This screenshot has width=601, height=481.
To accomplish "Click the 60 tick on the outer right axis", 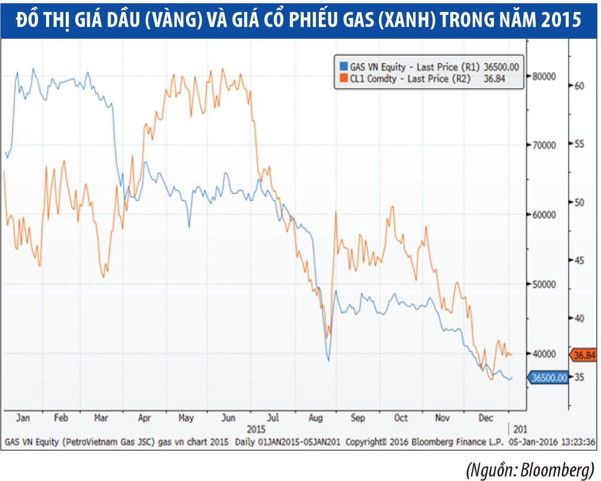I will point(578,86).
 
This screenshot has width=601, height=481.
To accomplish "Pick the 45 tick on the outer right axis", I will point(578,260).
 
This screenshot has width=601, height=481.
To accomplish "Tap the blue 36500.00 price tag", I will point(548,378).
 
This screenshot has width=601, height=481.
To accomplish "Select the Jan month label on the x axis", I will point(23,418).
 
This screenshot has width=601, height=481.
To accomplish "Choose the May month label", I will point(188,418).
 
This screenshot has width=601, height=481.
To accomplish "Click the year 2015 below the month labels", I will point(258,430).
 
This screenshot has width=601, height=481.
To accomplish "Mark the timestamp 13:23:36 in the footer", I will point(578,443).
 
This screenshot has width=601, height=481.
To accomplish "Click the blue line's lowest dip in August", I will point(328,360).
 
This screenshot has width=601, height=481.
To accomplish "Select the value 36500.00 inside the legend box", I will point(502,67).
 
